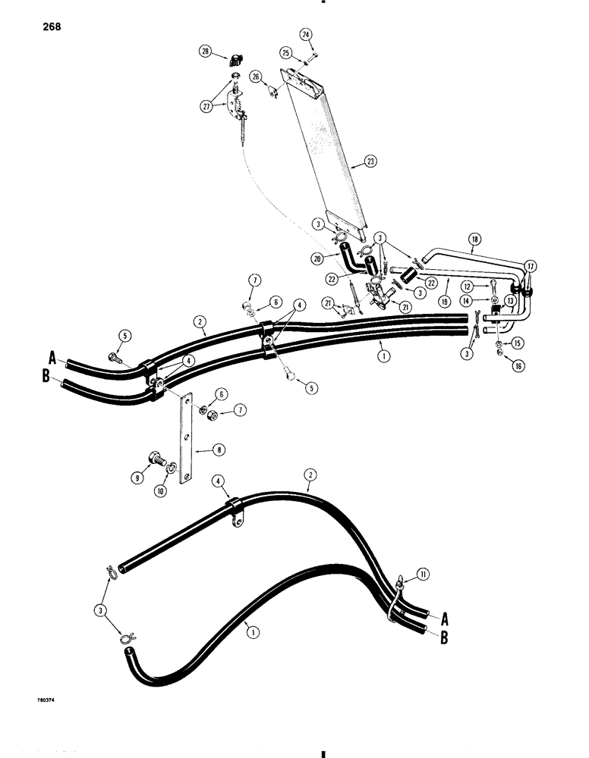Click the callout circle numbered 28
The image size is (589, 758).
(204, 52)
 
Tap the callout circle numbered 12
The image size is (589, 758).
(468, 286)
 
